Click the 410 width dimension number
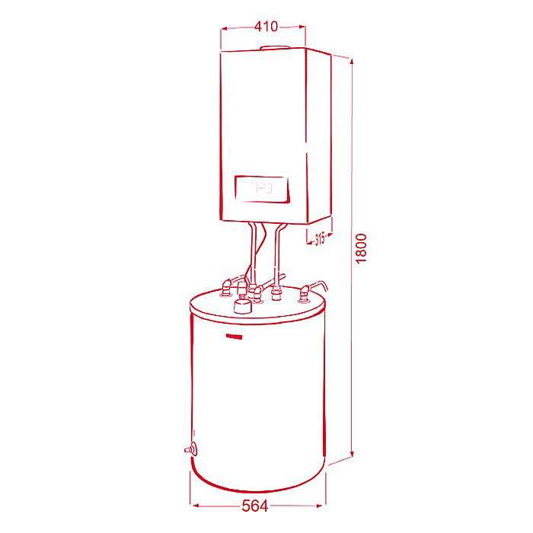coord(266,27)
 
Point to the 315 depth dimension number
coord(320,239)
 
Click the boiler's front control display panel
coord(260,189)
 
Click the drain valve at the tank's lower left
coord(188,449)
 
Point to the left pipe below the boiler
coord(252,251)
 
